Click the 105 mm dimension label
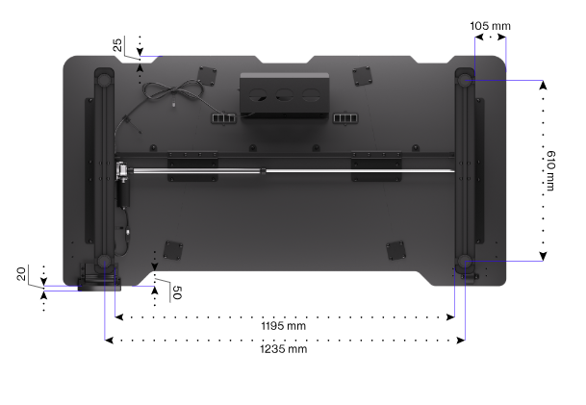[x=490, y=26]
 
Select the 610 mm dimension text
[x=550, y=170]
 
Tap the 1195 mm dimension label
[x=283, y=326]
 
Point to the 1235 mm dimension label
[x=283, y=349]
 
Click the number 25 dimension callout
[x=117, y=45]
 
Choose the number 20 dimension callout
[x=22, y=274]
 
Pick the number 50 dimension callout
[x=177, y=292]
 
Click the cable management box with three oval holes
[x=285, y=95]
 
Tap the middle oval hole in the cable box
[x=284, y=94]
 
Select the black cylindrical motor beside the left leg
[x=123, y=193]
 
